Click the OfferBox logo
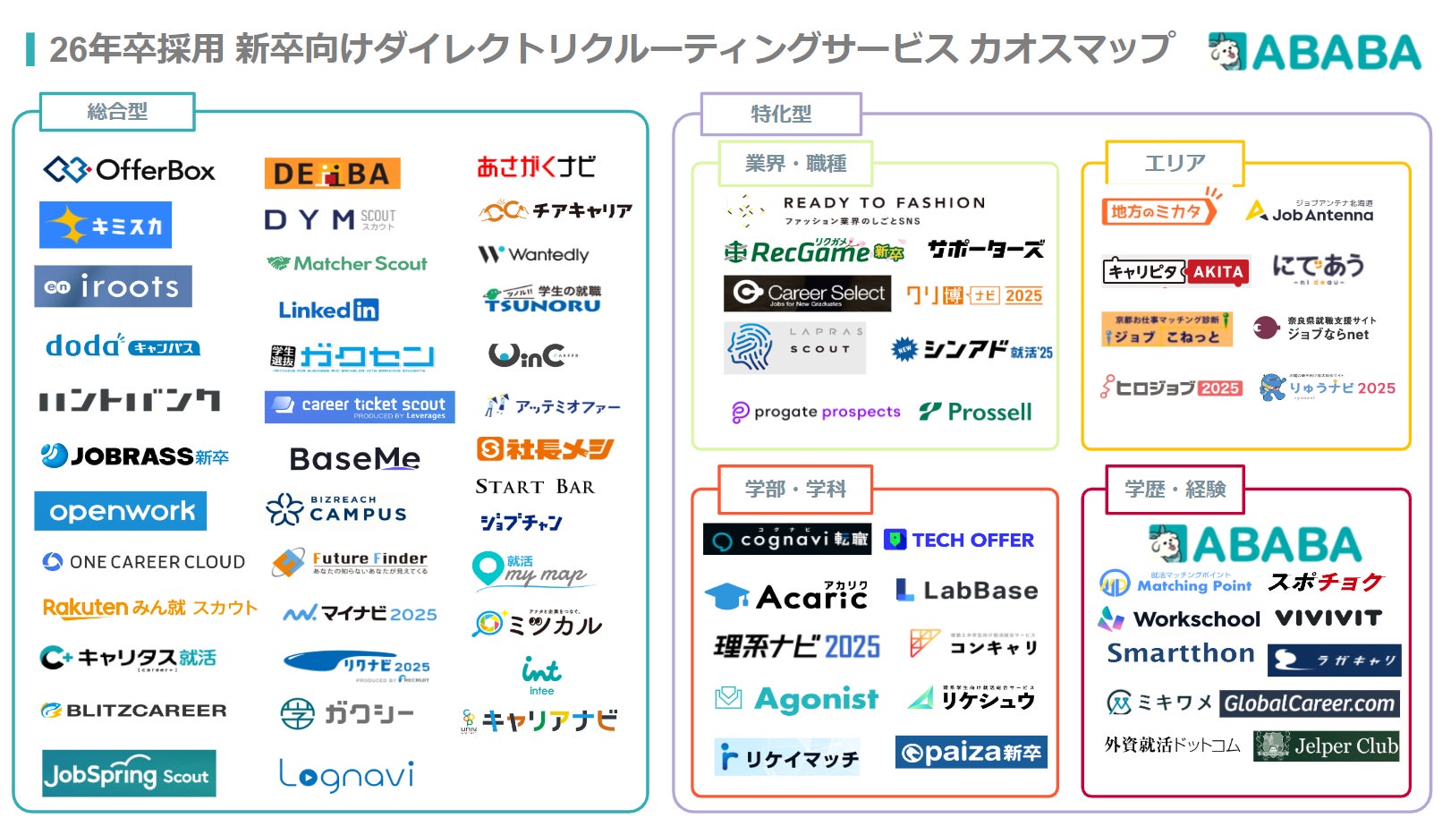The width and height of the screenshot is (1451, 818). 130,169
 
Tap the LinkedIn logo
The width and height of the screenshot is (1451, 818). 328,311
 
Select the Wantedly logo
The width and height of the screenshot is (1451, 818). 534,255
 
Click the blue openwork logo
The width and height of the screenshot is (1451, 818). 121,511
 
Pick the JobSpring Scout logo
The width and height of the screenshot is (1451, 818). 129,774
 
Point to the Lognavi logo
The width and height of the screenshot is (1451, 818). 346,775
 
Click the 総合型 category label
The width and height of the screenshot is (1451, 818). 117,112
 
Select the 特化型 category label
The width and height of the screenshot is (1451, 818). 781,114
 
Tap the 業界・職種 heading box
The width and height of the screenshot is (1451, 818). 795,164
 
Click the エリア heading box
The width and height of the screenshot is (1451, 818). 1175,163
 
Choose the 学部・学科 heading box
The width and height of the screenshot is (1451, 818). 795,489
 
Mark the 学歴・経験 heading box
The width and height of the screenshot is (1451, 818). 1175,489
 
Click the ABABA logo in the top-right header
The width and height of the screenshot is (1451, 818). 1314,52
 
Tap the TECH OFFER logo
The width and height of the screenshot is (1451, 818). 959,540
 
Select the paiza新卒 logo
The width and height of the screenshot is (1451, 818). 971,753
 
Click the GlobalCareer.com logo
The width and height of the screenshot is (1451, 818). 1309,703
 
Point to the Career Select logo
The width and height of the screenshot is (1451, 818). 807,294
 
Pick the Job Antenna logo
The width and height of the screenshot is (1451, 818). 1311,211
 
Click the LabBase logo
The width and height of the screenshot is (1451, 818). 966,591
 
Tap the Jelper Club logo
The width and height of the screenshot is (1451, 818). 1327,746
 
